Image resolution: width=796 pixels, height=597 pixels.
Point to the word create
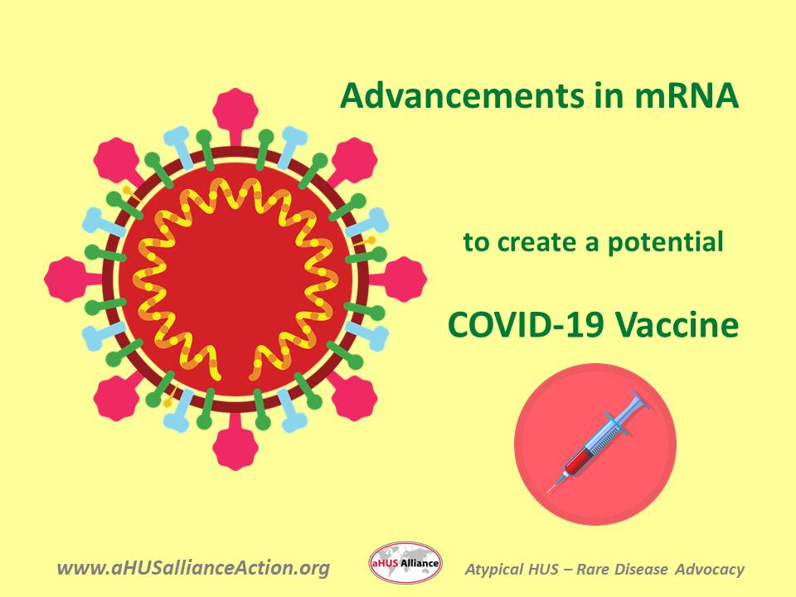point(530,243)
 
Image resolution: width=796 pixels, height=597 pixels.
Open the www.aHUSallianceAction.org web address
point(193,569)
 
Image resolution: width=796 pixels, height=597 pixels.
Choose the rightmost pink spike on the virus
point(405,279)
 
